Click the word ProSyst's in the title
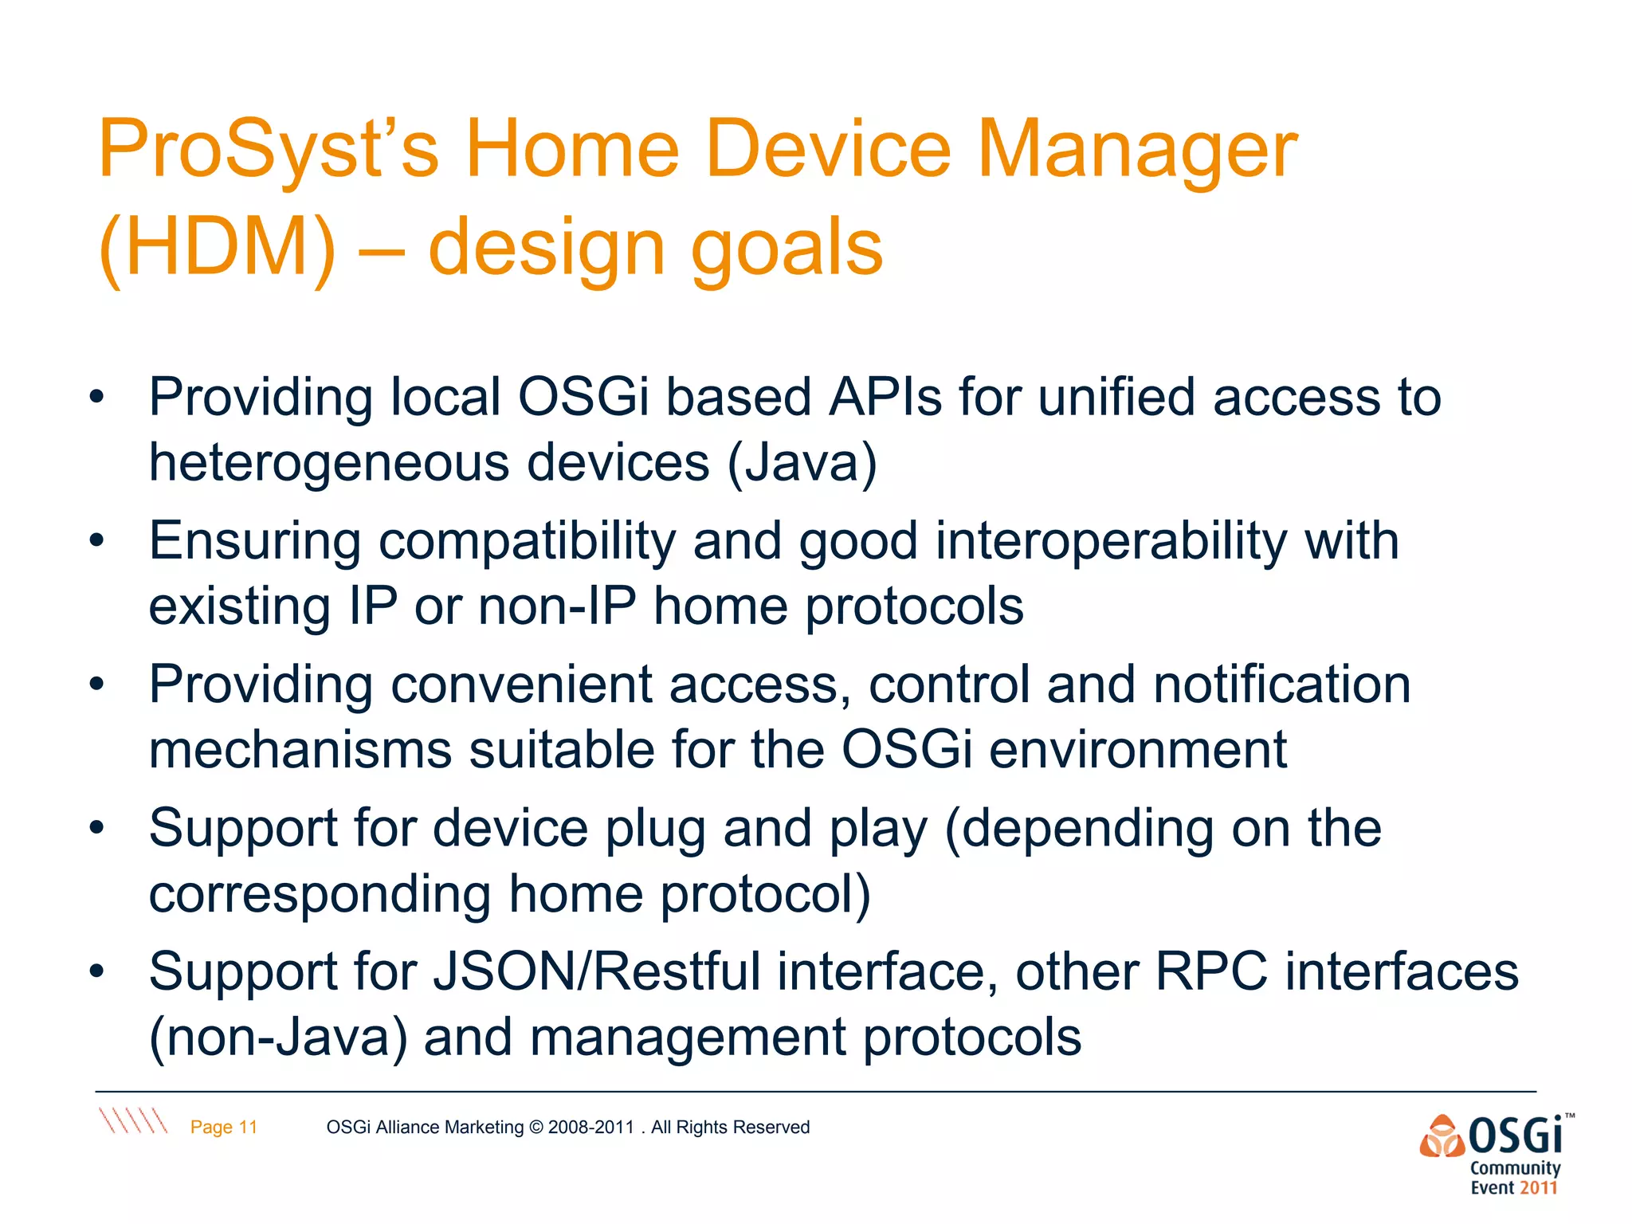coord(268,150)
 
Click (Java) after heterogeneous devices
coord(802,462)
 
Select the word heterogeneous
coord(328,462)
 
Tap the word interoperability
coord(1111,540)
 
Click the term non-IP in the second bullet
coord(557,606)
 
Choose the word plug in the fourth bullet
coord(655,829)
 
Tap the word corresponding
coord(319,894)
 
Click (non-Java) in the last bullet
coord(278,1038)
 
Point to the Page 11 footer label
coord(224,1127)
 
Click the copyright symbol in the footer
coord(535,1127)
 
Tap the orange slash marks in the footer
coord(133,1120)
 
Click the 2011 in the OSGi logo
coord(1538,1188)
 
